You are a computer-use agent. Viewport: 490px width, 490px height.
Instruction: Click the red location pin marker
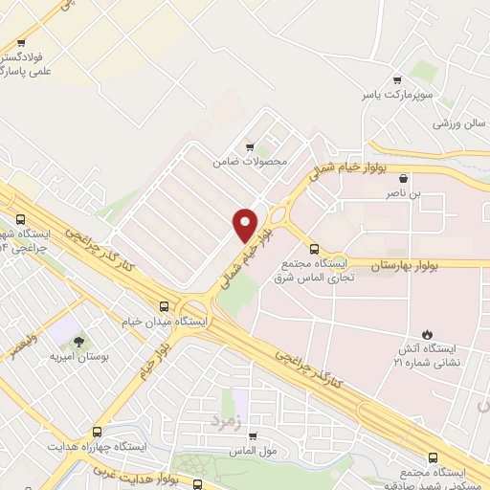[x=246, y=223]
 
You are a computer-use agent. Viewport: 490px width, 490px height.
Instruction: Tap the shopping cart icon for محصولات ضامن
[x=250, y=146]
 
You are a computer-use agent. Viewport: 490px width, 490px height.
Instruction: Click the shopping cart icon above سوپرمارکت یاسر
[x=398, y=81]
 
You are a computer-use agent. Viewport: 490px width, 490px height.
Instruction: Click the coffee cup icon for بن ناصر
[x=404, y=178]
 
